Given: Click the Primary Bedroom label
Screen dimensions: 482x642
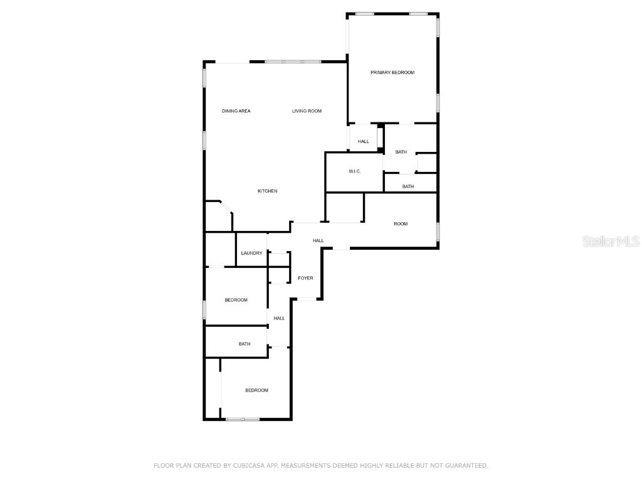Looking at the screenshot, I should [x=392, y=73].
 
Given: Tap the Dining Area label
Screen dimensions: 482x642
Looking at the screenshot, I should [x=236, y=111].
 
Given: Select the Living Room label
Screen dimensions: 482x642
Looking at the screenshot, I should [x=307, y=111].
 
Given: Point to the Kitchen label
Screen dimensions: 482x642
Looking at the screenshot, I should [x=268, y=191].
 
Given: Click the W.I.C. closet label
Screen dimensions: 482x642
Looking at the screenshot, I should [x=355, y=171].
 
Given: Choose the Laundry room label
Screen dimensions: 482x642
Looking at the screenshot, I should [x=251, y=253].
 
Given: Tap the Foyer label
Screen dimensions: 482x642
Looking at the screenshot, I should [x=305, y=278].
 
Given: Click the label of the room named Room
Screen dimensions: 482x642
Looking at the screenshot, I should [x=401, y=224].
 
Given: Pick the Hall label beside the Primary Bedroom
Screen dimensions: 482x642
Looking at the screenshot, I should [x=364, y=142].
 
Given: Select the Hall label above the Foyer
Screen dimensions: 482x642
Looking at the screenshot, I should [x=318, y=240].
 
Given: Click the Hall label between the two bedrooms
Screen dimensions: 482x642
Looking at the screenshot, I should [x=279, y=318].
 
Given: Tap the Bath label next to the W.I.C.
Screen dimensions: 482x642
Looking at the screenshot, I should [x=401, y=152].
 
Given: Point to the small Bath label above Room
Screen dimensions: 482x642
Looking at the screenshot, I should [x=408, y=186].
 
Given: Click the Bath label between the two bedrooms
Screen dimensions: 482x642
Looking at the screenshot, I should [x=245, y=344].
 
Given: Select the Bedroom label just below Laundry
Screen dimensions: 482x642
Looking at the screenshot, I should [x=236, y=300].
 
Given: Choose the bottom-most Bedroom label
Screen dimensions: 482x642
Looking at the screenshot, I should [x=256, y=390].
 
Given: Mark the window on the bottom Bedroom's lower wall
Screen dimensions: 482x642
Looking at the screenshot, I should [x=243, y=419].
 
